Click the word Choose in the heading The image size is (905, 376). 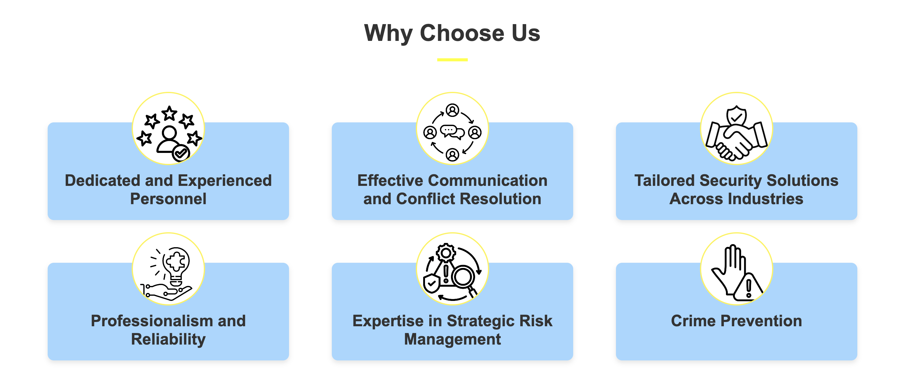[463, 33]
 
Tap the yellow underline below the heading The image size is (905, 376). [452, 60]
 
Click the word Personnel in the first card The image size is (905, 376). [168, 199]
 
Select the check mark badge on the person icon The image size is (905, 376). [181, 153]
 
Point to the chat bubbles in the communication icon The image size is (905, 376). [452, 132]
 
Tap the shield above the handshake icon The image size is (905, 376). [736, 115]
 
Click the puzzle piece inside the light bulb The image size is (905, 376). [176, 262]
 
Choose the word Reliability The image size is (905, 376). [168, 339]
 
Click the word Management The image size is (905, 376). [452, 339]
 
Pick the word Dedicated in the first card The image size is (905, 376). [103, 180]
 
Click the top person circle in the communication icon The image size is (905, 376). [452, 110]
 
